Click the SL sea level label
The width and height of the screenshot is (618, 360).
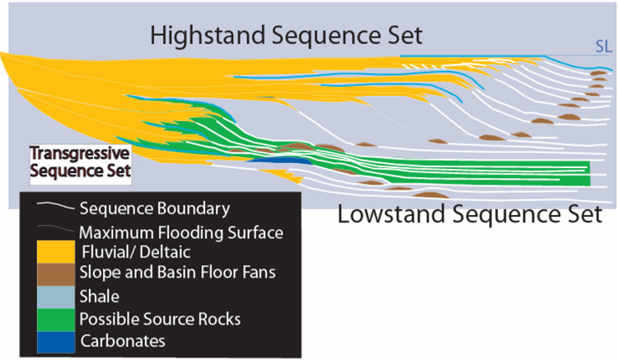coord(603,46)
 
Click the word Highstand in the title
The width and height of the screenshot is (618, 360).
coord(208,35)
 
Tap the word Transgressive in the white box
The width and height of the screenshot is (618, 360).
coord(80,153)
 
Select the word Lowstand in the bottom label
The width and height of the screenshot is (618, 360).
coord(391,215)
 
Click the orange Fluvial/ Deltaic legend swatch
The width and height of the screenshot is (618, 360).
coord(55,252)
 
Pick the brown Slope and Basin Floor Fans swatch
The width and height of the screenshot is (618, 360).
coord(55,274)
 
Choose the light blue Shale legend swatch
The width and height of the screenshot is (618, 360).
coord(55,297)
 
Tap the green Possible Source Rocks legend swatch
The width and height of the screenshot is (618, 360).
coord(55,320)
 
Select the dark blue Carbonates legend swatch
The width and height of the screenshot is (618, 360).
coord(55,342)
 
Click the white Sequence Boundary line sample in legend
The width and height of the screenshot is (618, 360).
coord(55,205)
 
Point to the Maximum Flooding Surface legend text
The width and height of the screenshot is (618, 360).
coord(181,233)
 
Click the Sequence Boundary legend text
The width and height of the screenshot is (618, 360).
coord(155,208)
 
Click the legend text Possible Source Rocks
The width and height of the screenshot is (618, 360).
coord(160,319)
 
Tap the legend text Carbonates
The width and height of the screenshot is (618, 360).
coord(123,341)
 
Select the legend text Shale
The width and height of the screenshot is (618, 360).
coord(100,297)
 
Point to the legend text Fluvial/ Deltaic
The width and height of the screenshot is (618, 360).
coord(136,252)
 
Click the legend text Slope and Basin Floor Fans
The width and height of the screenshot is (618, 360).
coord(177,273)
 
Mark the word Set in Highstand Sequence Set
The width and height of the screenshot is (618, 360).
coord(405,35)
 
